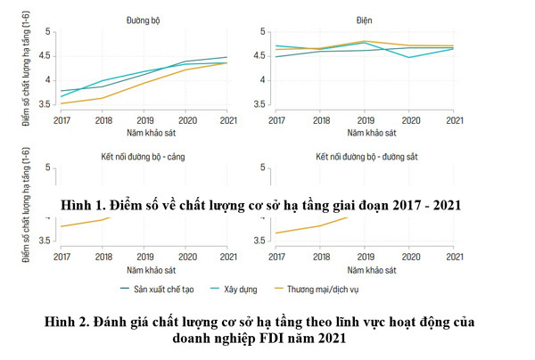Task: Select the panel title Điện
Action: tap(365, 18)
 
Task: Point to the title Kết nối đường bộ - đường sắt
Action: tap(365, 157)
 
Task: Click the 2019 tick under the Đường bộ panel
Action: tap(144, 119)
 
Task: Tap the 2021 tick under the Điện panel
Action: tap(453, 119)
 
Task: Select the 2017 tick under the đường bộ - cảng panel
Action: tap(62, 257)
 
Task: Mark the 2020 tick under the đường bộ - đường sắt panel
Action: tap(409, 257)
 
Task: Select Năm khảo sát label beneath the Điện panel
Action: tap(365, 132)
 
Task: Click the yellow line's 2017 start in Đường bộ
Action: tap(62, 103)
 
